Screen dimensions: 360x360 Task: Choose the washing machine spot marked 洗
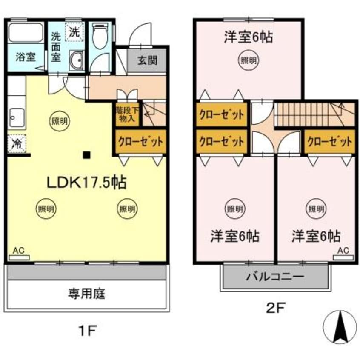tap(74, 31)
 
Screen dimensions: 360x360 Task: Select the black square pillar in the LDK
tap(87, 155)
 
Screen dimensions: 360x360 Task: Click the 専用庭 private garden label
tap(86, 293)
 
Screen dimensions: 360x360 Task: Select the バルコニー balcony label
tap(275, 277)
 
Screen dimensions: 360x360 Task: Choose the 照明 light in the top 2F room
tap(249, 60)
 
